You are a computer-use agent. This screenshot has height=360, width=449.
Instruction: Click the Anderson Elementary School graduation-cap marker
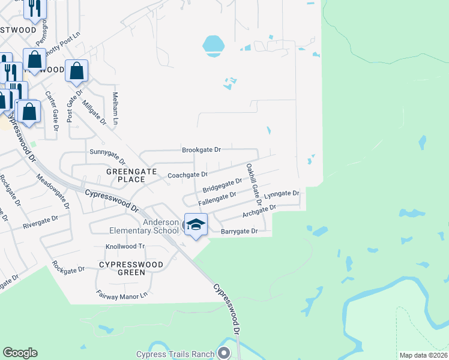point(196,225)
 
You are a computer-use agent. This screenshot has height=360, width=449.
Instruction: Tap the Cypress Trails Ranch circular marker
point(224,353)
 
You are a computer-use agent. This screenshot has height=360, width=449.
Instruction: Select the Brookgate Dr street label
point(202,149)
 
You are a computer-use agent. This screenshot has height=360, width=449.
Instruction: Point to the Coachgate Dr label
point(187,175)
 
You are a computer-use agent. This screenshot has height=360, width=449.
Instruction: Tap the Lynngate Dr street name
point(282,194)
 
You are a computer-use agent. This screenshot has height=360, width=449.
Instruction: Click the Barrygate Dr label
point(239,231)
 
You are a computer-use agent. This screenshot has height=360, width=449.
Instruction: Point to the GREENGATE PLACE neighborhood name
point(126,175)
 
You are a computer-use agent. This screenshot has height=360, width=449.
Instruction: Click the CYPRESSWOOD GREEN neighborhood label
point(122,268)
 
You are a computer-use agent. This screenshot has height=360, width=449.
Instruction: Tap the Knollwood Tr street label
point(125,247)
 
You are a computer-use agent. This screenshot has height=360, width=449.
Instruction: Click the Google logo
point(20,353)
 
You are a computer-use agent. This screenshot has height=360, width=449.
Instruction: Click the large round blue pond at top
point(213,45)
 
